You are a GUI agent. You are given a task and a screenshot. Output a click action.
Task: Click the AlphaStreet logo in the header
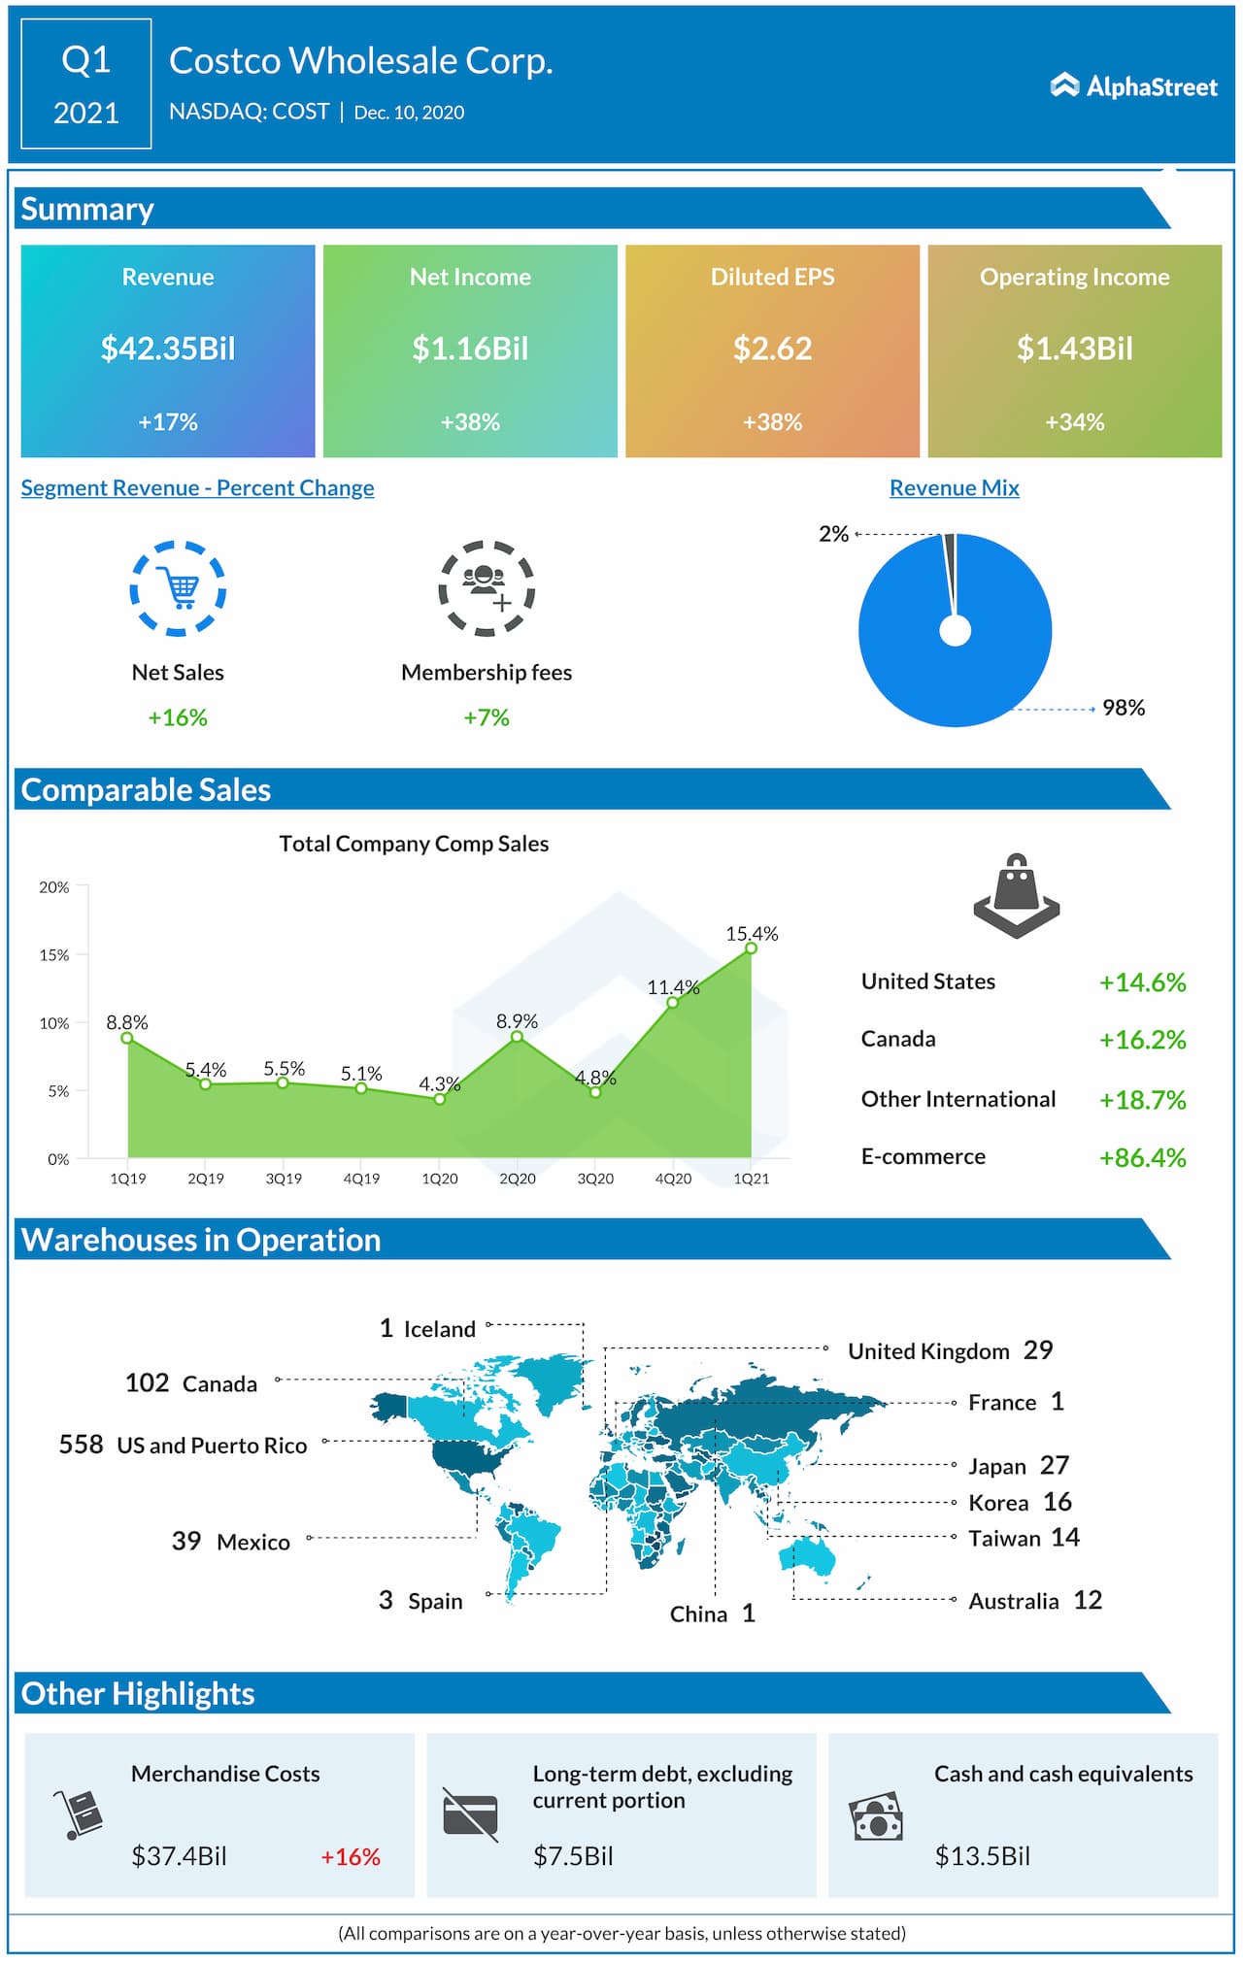pyautogui.click(x=1133, y=86)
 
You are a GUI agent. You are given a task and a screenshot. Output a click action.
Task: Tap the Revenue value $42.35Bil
pyautogui.click(x=168, y=349)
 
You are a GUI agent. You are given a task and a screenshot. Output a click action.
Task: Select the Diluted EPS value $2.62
pyautogui.click(x=772, y=349)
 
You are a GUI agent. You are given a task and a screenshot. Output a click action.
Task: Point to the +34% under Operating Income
pyautogui.click(x=1074, y=422)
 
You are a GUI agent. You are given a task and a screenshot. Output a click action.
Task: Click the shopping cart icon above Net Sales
pyautogui.click(x=179, y=588)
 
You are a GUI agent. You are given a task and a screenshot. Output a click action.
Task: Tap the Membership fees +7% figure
pyautogui.click(x=487, y=717)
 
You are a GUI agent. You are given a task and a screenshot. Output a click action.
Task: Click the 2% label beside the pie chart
pyautogui.click(x=833, y=534)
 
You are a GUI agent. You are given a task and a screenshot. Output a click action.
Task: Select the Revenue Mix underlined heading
pyautogui.click(x=954, y=488)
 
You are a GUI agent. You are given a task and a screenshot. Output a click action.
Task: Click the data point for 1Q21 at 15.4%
pyautogui.click(x=751, y=948)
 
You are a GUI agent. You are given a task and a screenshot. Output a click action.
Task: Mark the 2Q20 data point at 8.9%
pyautogui.click(x=517, y=1037)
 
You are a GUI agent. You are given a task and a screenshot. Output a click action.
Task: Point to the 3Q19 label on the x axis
pyautogui.click(x=284, y=1179)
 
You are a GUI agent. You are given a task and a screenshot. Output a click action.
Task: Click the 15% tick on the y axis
pyautogui.click(x=54, y=955)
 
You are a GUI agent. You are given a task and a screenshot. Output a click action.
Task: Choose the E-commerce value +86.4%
pyautogui.click(x=1142, y=1157)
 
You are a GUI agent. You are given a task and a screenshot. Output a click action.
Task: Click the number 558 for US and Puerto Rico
pyautogui.click(x=81, y=1445)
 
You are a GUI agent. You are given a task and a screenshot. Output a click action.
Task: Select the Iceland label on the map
pyautogui.click(x=439, y=1329)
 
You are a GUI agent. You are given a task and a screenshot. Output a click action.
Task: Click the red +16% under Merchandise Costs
pyautogui.click(x=351, y=1857)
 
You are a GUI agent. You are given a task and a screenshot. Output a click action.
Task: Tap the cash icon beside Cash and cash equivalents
pyautogui.click(x=876, y=1816)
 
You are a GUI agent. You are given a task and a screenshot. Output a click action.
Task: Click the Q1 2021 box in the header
pyautogui.click(x=86, y=84)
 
